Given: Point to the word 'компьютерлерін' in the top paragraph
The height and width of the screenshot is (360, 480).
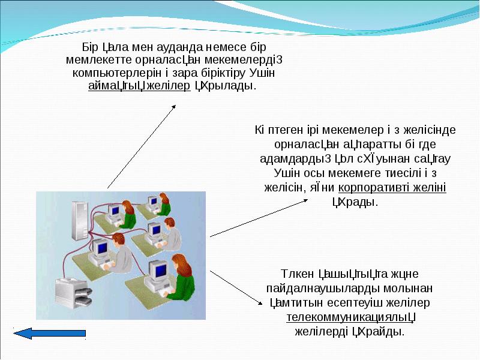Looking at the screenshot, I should tap(109, 73).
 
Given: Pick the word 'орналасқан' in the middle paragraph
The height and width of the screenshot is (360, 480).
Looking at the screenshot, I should tap(298, 145).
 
